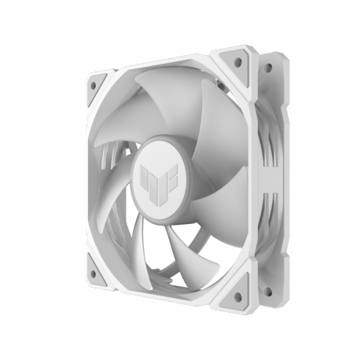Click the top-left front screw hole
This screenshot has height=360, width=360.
(x=95, y=83)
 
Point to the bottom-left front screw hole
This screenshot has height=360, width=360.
(x=92, y=274)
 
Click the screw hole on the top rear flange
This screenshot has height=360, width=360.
(x=267, y=68)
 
